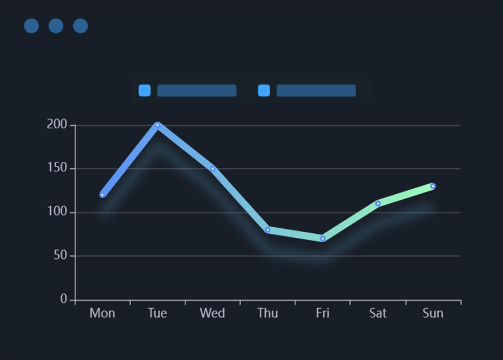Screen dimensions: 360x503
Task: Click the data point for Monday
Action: (x=102, y=195)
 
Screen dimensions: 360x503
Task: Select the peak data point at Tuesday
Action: (x=157, y=125)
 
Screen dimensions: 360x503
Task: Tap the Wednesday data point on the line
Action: (x=212, y=169)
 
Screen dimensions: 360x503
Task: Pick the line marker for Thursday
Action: (x=267, y=229)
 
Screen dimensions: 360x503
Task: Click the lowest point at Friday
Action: (x=323, y=238)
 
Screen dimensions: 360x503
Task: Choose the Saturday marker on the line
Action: (x=378, y=203)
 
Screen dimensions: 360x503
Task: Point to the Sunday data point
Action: (x=433, y=186)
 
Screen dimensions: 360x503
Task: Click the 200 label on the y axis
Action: (x=57, y=125)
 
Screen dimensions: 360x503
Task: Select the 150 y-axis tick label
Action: (x=57, y=169)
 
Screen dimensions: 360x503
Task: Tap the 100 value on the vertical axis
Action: (x=57, y=212)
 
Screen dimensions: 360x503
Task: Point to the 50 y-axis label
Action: (x=60, y=256)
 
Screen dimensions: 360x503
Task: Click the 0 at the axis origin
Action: (x=64, y=300)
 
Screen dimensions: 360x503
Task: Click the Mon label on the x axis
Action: (x=102, y=313)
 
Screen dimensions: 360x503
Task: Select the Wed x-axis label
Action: (x=212, y=313)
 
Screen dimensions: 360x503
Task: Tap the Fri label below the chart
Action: (x=323, y=313)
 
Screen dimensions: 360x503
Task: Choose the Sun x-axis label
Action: (x=433, y=313)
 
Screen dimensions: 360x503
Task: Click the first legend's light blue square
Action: (x=145, y=90)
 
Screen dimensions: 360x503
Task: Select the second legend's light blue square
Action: (x=264, y=90)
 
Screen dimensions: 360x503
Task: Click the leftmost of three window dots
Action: (x=31, y=26)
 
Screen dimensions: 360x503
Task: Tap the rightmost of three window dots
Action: (x=80, y=26)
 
